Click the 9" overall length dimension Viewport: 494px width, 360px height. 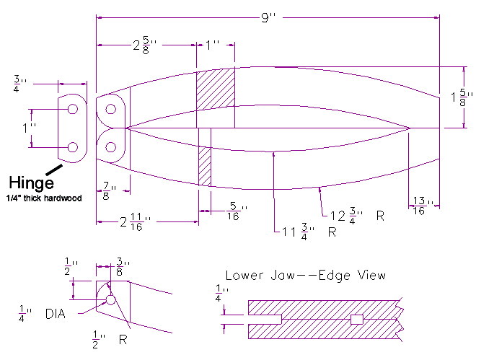(x=268, y=18)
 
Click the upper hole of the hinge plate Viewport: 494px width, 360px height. (x=73, y=109)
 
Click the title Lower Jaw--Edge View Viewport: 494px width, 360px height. (x=305, y=275)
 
